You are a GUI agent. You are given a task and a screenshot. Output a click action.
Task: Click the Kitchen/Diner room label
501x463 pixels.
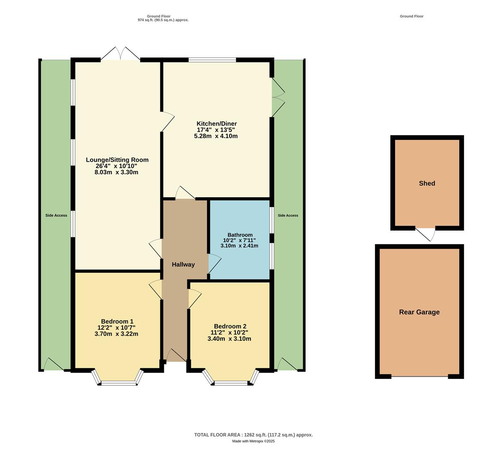(217, 123)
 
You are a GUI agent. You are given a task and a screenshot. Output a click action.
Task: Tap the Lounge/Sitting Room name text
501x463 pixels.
(117, 160)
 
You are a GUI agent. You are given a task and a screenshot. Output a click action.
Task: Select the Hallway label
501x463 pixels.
(183, 265)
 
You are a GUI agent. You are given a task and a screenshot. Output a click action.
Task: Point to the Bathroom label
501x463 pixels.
(240, 235)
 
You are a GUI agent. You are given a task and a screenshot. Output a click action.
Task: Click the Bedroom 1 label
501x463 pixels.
(117, 322)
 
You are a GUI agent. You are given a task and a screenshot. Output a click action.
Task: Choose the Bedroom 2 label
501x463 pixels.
(230, 326)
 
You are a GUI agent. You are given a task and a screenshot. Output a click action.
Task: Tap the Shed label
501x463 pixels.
(427, 183)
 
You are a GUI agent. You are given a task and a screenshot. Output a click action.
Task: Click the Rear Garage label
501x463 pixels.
(419, 312)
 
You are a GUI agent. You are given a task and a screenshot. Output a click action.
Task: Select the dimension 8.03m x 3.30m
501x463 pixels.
(116, 172)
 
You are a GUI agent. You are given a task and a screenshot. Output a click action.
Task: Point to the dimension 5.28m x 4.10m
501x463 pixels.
(216, 136)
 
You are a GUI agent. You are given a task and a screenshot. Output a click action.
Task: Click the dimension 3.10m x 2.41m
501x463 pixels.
(239, 246)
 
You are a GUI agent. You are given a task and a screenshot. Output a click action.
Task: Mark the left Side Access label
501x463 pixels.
(56, 215)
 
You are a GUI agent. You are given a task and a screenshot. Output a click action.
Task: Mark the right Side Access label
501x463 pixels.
(288, 215)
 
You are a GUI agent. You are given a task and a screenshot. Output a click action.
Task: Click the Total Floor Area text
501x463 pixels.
(253, 435)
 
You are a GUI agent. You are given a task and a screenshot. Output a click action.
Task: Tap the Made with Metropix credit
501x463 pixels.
(253, 441)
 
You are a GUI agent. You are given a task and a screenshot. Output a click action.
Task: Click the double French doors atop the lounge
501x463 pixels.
(121, 55)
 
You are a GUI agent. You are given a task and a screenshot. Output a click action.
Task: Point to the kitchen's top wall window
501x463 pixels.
(212, 60)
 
